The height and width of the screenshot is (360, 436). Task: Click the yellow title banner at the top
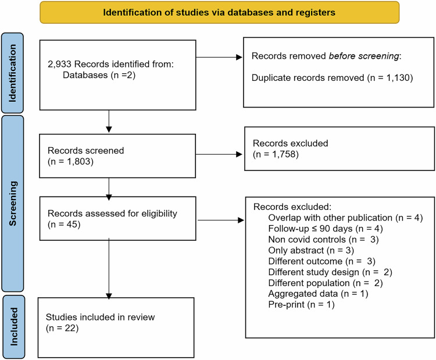[x=219, y=12]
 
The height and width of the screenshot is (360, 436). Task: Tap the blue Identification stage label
[x=13, y=73]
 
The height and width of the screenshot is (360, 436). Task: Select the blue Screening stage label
[x=13, y=204]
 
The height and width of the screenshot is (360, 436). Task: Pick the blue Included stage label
[x=13, y=327]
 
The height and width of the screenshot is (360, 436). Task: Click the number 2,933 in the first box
[x=60, y=64]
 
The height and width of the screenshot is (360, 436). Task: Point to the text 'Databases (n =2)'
[x=99, y=75]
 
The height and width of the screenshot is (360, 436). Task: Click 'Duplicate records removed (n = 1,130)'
[x=332, y=77]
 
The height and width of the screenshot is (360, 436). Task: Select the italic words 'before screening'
[x=364, y=56]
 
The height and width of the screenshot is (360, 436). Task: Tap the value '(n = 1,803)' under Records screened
[x=70, y=161]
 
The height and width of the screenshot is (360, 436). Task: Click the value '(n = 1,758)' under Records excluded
[x=276, y=154]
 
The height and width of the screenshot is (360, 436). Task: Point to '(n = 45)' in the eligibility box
[x=64, y=224]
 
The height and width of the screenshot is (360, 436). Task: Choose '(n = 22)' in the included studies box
[x=62, y=328]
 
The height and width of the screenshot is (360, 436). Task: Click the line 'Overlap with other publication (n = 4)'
[x=345, y=218]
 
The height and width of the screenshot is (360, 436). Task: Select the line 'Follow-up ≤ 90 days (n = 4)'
[x=326, y=229]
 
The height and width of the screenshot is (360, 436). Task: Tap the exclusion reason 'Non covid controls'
[x=307, y=240]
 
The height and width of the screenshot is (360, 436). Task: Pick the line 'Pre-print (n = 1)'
[x=301, y=305]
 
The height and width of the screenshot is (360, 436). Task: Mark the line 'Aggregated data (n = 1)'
[x=318, y=294]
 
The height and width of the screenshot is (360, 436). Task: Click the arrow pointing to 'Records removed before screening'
[x=219, y=58]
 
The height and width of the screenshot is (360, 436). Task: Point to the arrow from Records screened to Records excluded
[x=219, y=154]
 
